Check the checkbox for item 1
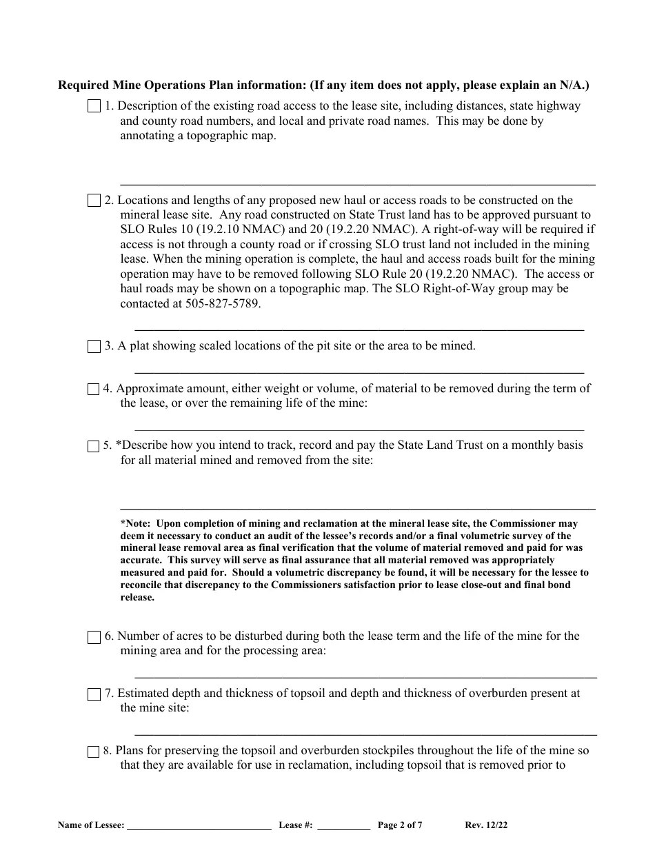(94, 107)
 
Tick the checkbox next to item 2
(94, 201)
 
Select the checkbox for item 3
(94, 347)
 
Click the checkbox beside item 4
(94, 390)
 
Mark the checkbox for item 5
(94, 446)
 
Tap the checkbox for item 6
(94, 637)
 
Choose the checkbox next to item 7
(94, 694)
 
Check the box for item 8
(94, 751)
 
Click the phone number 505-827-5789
(223, 303)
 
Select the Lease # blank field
(343, 826)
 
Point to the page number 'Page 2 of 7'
(400, 825)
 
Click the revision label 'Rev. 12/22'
(487, 825)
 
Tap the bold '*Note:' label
(135, 523)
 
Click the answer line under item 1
(358, 184)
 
